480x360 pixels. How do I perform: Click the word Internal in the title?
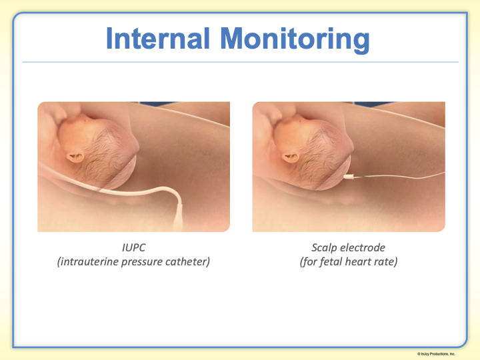click(x=158, y=38)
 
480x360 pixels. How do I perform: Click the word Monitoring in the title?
click(x=295, y=40)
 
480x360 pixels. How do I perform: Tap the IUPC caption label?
click(x=134, y=247)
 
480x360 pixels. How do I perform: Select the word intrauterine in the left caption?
click(x=89, y=262)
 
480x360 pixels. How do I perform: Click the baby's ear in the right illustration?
click(x=290, y=157)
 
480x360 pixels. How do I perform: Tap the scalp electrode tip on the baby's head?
click(x=349, y=177)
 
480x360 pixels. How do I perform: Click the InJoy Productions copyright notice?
click(x=436, y=354)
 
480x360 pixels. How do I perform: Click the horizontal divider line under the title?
click(x=240, y=62)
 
